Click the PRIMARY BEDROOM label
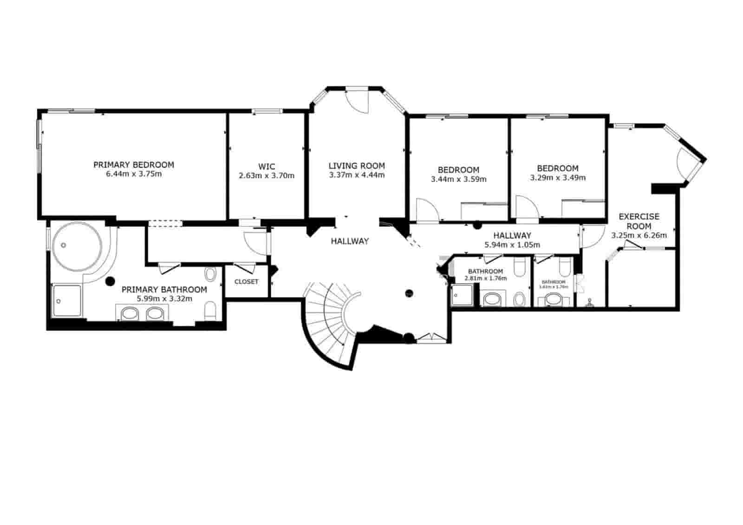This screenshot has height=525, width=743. (134, 165)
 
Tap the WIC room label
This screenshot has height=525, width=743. (267, 167)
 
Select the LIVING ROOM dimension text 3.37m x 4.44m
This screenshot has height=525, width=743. (357, 175)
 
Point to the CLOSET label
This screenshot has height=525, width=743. (247, 282)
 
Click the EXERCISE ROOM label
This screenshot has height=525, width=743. (639, 221)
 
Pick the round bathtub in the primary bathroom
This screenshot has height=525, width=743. (76, 246)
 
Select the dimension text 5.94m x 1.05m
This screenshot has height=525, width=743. (512, 245)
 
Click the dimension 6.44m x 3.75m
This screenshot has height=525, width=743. (134, 175)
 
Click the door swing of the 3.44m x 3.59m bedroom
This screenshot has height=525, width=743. (426, 209)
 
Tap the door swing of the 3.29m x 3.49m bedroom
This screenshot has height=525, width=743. (526, 207)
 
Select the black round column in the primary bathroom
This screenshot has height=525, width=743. (110, 281)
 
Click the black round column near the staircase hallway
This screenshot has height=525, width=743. (409, 293)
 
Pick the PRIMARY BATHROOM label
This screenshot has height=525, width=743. (164, 290)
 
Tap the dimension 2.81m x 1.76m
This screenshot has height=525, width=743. (485, 279)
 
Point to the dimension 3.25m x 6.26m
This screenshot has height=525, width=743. (639, 235)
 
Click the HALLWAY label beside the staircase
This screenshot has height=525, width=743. (350, 241)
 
